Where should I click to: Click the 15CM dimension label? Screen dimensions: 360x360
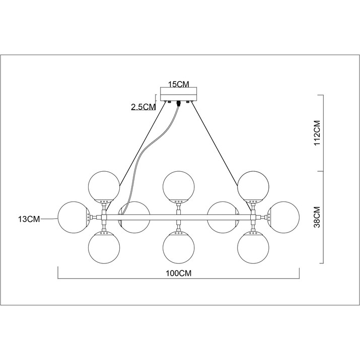(179, 84)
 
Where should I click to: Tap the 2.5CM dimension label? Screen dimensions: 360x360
(143, 107)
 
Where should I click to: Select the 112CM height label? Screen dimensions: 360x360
(317, 133)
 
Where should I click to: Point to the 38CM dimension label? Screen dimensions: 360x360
(317, 217)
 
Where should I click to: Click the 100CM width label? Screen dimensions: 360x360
(178, 273)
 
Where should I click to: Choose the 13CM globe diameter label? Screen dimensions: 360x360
(29, 219)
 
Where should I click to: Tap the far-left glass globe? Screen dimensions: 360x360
(73, 218)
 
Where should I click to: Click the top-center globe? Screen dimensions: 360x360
(179, 187)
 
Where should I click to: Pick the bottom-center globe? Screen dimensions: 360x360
(179, 248)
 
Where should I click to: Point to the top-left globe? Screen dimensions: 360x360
(104, 187)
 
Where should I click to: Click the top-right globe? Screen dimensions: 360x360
(253, 187)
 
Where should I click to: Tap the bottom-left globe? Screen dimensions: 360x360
(104, 248)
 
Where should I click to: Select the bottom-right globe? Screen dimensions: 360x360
(253, 248)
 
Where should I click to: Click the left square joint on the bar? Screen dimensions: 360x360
(104, 217)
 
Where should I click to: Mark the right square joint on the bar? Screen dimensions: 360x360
(253, 217)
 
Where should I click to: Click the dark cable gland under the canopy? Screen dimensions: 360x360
(178, 104)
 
